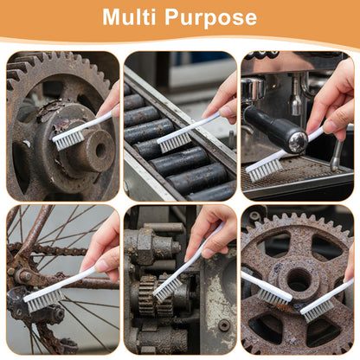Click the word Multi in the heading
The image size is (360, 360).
129,16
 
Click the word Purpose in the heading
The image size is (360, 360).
210,18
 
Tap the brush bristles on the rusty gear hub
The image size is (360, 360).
68,139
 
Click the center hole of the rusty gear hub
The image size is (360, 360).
100,151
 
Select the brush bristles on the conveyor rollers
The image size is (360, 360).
175,142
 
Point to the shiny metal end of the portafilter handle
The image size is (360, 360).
299,142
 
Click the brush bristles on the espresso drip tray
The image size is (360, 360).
264,170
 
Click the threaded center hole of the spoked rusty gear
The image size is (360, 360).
299,280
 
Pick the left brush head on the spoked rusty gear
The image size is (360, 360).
273,297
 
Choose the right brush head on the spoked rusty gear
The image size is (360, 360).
318,312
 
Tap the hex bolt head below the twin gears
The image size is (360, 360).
224,325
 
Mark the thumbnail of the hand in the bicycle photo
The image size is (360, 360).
102,266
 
